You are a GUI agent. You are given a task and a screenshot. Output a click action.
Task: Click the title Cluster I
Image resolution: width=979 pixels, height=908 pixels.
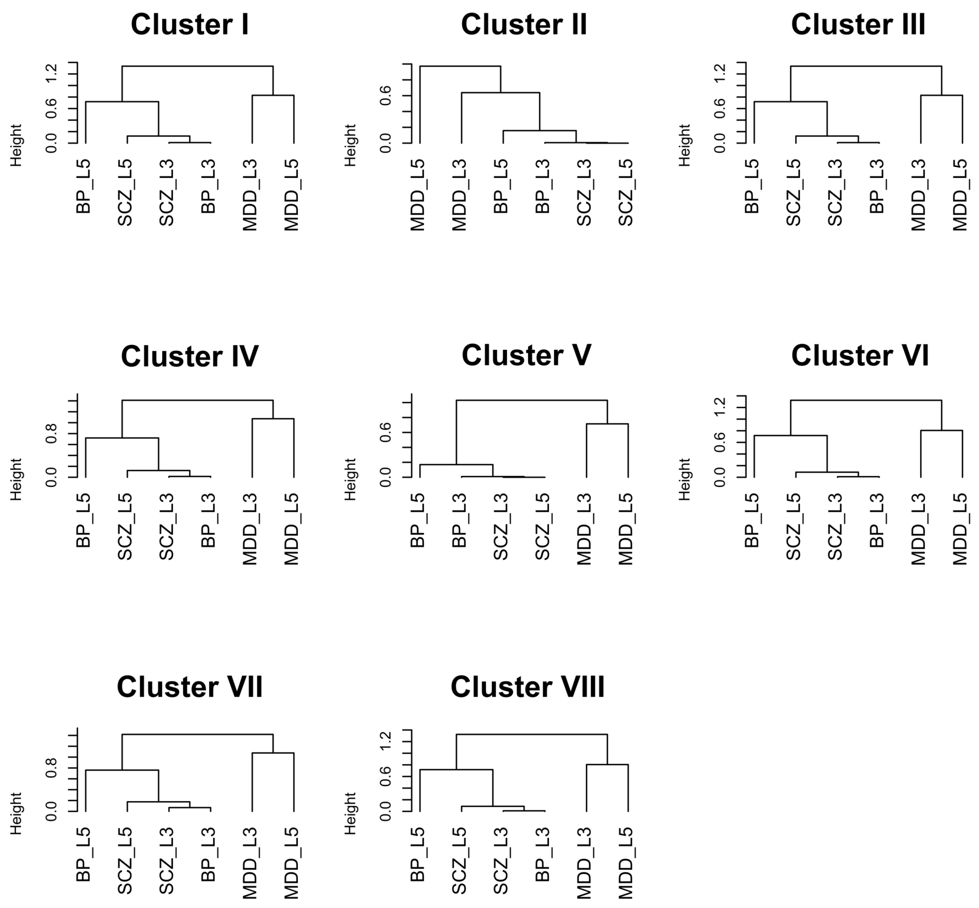coord(189,25)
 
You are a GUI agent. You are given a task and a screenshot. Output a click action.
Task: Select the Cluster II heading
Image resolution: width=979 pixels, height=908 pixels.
coord(523,25)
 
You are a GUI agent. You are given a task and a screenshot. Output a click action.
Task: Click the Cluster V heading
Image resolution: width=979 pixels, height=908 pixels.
coord(526,355)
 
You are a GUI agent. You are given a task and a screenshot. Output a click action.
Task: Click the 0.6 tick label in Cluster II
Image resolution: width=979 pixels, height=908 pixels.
coord(385,95)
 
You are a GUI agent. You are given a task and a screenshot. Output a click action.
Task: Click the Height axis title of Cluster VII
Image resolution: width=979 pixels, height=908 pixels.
coord(16,813)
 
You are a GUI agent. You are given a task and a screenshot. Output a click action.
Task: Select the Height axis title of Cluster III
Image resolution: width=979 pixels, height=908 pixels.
coord(684,145)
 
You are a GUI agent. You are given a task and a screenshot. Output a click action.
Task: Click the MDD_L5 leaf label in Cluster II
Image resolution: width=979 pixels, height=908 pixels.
coord(418,195)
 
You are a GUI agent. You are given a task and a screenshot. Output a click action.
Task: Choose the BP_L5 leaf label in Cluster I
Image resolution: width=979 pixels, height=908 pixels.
coord(83,186)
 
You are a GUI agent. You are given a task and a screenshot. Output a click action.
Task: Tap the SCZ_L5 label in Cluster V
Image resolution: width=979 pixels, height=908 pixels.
coord(543,527)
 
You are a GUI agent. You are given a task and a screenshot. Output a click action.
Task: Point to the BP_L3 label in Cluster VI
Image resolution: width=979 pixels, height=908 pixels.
coord(877,520)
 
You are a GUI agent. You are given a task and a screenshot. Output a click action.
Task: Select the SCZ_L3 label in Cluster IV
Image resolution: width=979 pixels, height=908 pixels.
coord(167,527)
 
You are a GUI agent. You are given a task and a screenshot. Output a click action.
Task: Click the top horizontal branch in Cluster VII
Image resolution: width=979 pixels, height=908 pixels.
coord(197,734)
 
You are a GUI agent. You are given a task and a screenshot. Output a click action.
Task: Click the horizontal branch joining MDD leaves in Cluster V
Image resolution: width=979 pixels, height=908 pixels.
coord(607,423)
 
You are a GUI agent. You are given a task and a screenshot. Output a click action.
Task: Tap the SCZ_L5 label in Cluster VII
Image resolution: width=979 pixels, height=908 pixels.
coord(125,860)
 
